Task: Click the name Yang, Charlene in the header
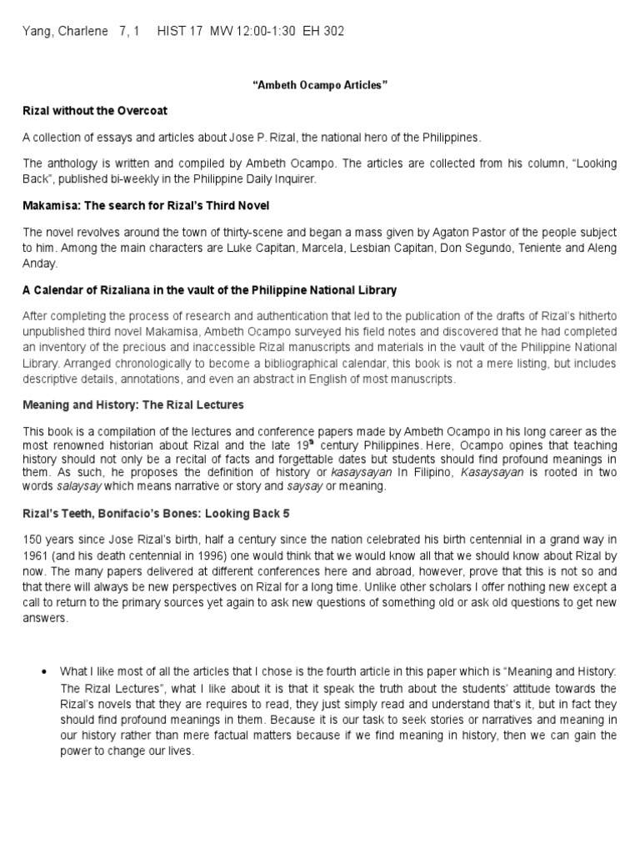(x=65, y=32)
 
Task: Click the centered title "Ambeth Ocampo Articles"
(x=320, y=85)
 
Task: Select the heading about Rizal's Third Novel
(x=146, y=204)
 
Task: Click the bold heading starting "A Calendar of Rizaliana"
(x=210, y=289)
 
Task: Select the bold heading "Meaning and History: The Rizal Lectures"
(x=133, y=404)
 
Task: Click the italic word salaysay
(x=79, y=486)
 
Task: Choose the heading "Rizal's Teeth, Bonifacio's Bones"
(x=157, y=513)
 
